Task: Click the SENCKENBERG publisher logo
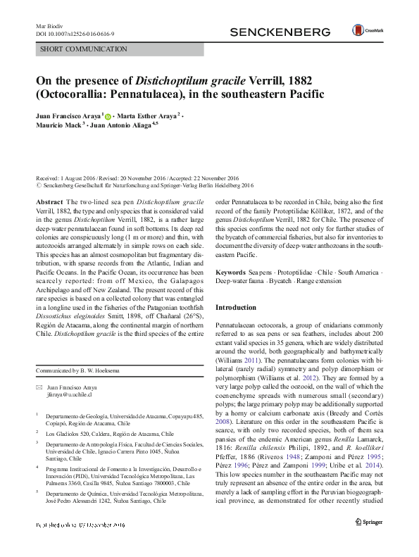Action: coord(280,32)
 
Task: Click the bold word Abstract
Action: coord(48,202)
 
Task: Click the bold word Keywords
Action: coord(231,272)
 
